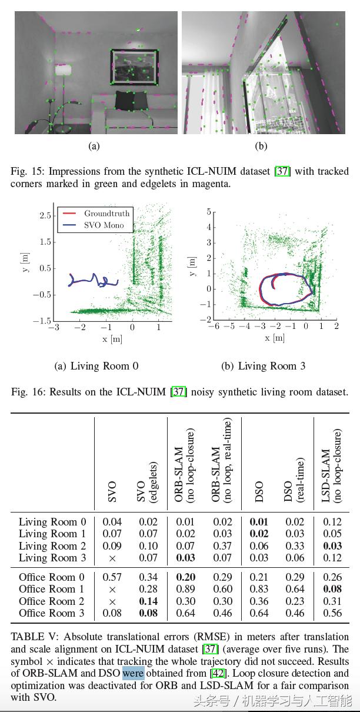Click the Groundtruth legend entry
(106, 213)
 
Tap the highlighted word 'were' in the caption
(133, 673)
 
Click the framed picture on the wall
(134, 68)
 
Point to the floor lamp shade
(62, 70)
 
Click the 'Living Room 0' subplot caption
(96, 366)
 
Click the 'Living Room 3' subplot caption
(263, 366)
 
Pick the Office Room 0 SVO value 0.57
(112, 577)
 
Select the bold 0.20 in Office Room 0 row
(185, 577)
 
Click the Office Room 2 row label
(52, 601)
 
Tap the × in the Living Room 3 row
(112, 558)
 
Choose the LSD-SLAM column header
(331, 465)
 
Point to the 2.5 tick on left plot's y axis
(45, 216)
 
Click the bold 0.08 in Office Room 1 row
(332, 589)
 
